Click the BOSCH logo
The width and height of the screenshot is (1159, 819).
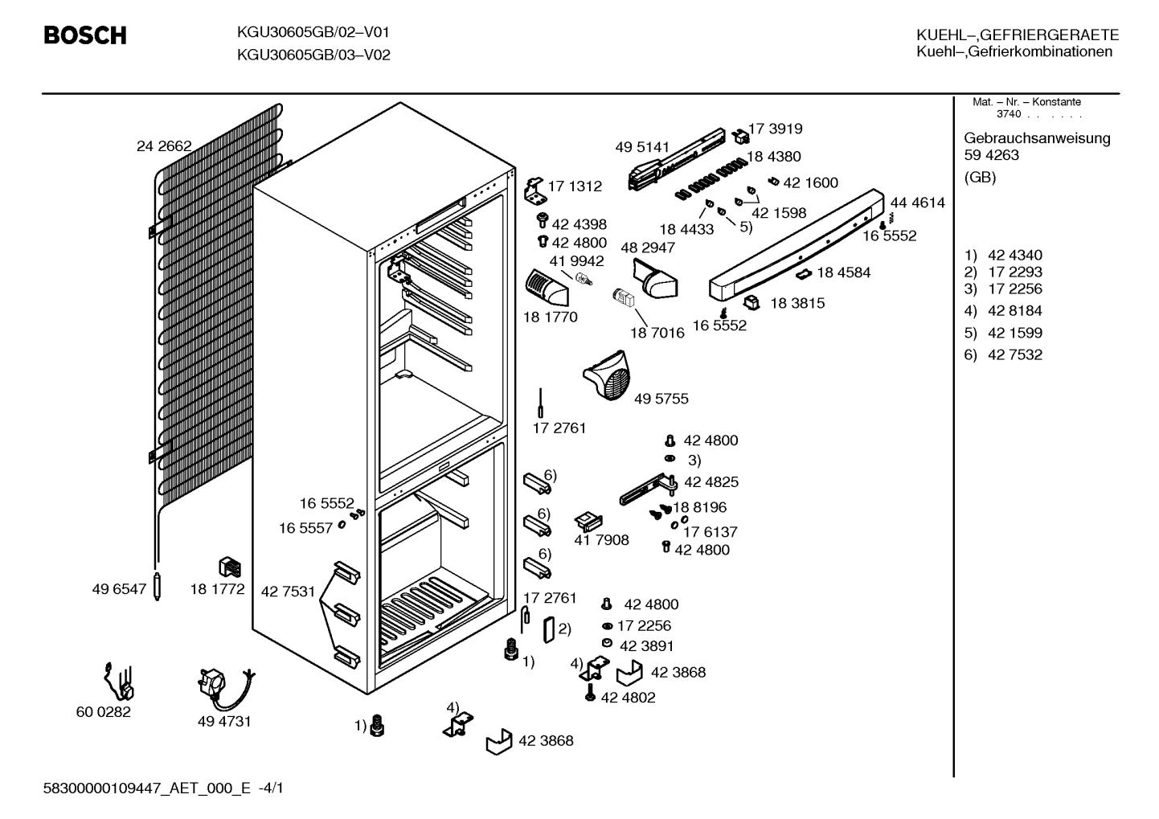[85, 35]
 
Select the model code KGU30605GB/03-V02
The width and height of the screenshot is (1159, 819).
[313, 55]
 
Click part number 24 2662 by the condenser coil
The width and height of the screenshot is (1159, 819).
[164, 146]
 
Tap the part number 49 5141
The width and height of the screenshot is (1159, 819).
[642, 147]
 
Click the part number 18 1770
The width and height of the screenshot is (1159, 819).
[550, 317]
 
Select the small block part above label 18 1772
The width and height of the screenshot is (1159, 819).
[230, 567]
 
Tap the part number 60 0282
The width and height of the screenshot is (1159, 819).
[104, 712]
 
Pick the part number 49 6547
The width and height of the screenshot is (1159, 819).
[119, 589]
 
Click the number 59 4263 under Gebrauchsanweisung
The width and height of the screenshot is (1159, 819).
[991, 154]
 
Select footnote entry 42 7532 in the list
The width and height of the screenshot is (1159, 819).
[1015, 354]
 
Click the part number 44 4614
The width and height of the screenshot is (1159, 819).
[917, 203]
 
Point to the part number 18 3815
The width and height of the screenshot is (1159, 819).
[797, 303]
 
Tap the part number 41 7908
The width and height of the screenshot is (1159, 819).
[601, 539]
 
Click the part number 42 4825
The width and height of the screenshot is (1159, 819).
[711, 481]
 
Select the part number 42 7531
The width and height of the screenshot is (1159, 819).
[288, 592]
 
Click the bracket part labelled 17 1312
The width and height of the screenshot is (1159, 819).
[535, 190]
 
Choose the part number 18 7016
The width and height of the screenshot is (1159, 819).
[657, 333]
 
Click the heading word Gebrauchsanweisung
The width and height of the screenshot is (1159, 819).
[1037, 139]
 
